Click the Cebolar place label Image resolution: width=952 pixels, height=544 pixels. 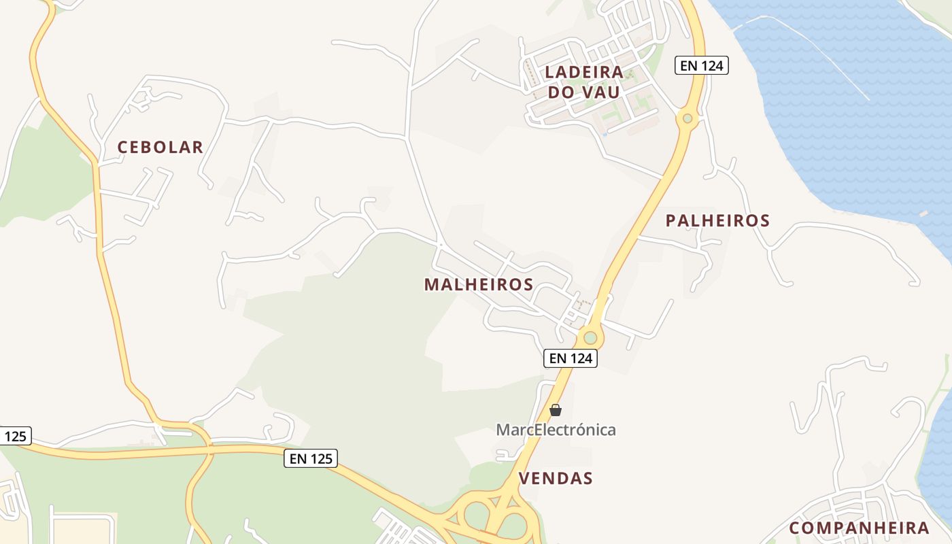160,147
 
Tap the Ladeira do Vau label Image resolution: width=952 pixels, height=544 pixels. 584,82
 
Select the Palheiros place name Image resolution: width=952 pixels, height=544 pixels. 717,220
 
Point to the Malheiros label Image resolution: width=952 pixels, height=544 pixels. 479,284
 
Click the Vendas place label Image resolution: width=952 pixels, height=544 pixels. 556,478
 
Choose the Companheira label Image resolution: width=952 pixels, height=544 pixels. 859,528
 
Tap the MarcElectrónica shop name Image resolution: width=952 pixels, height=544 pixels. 556,430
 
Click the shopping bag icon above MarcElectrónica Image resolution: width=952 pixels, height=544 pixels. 556,410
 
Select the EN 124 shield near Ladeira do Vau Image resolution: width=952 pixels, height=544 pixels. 702,65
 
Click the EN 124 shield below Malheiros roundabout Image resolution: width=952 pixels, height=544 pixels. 571,358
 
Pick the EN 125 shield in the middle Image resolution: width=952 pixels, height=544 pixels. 311,458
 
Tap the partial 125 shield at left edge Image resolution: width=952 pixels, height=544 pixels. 14,436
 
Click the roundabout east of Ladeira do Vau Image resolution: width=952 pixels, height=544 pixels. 687,119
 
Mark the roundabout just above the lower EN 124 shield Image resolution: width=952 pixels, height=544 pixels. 590,337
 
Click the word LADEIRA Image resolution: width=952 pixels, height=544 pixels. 584,71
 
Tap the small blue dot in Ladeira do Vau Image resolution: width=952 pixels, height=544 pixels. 604,134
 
